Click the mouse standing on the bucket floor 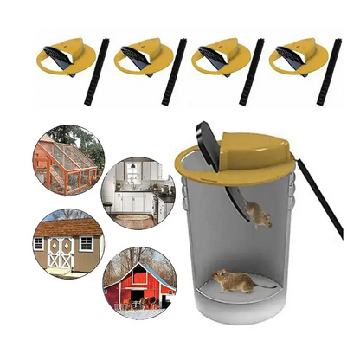click(x=235, y=280)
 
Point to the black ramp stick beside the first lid click(x=97, y=72)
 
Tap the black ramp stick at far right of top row click(x=329, y=72)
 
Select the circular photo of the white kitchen click(x=138, y=192)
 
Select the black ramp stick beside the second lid click(x=174, y=72)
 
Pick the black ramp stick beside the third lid click(x=252, y=72)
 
